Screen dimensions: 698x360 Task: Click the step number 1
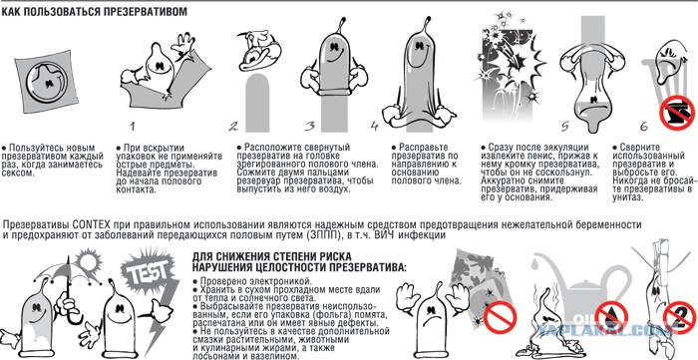133,126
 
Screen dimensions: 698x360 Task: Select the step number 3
310,126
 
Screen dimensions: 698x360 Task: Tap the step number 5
565,127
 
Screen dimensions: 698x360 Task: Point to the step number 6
644,127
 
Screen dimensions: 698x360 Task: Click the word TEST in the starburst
151,270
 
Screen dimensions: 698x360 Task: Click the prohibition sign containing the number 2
680,317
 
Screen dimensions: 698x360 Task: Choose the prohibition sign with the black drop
611,317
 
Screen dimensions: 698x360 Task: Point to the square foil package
46,81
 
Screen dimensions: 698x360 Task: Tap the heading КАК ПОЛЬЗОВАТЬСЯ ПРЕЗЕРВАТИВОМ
95,11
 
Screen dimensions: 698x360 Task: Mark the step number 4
374,127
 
